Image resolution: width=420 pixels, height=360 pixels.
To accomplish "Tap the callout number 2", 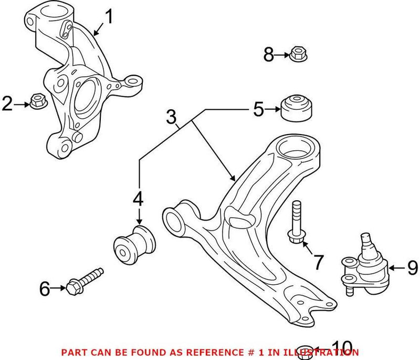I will (x=7, y=104).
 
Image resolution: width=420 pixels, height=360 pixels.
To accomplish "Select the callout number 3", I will (x=172, y=118).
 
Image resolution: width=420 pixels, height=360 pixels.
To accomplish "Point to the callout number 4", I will (x=138, y=200).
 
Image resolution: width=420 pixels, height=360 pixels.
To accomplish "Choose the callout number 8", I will (x=269, y=54).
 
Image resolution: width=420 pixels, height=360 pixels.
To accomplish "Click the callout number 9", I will (x=412, y=268).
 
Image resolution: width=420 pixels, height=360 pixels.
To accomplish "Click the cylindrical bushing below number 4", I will (x=136, y=245).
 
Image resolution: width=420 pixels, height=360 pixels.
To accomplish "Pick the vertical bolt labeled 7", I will (x=296, y=223).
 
